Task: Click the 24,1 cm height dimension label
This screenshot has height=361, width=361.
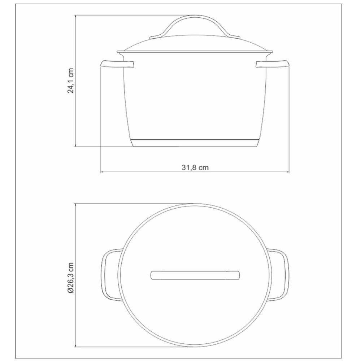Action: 71,81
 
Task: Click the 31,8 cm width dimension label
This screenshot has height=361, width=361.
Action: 195,168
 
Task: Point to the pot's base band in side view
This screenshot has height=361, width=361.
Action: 195,143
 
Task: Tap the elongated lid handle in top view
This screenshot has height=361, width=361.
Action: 195,275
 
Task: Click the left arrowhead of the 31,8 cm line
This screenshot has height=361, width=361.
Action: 102,172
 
